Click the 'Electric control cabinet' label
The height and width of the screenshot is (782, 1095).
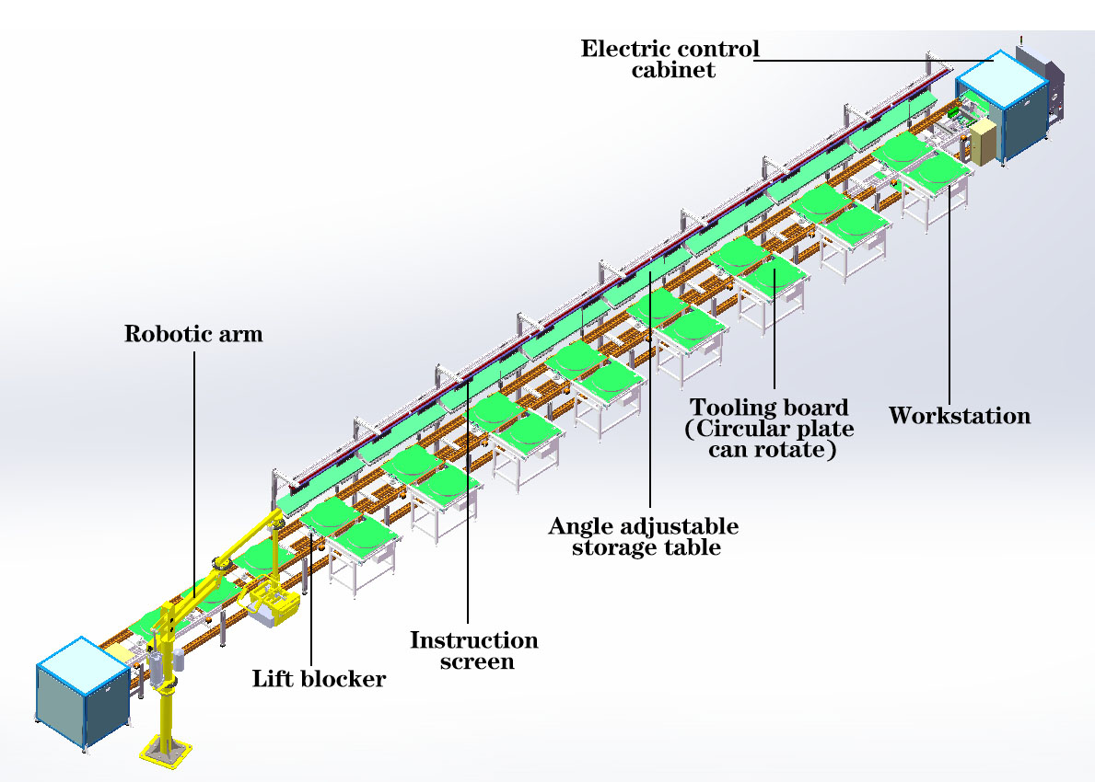pos(670,59)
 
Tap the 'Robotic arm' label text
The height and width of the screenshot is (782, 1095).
pos(193,333)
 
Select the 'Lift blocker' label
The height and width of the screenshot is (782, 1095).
pos(319,679)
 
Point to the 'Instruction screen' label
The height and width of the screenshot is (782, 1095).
pos(474,650)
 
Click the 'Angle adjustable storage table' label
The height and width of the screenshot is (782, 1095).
pos(644,535)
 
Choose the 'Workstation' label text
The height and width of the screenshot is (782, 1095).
pos(960,416)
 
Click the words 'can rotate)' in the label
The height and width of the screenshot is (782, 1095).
pos(772,449)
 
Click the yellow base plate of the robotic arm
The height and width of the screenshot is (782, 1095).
pos(166,752)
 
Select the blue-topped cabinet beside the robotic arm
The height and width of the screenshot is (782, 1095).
pos(82,693)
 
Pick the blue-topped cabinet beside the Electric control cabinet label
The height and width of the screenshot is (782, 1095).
pos(1003,106)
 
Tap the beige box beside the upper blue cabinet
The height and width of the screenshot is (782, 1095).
pos(984,143)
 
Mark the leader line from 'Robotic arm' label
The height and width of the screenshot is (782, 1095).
pos(194,475)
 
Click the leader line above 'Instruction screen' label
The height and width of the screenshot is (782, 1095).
pos(468,500)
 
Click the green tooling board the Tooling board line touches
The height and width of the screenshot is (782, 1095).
pos(773,277)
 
